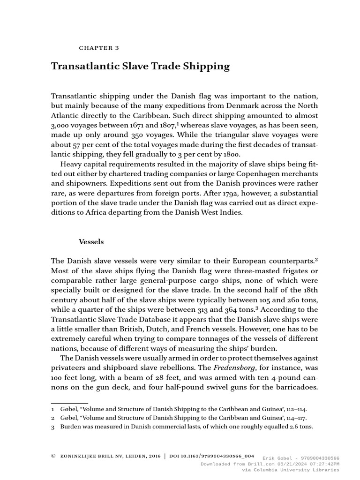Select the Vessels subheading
(91, 242)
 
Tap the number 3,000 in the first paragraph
(61, 126)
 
